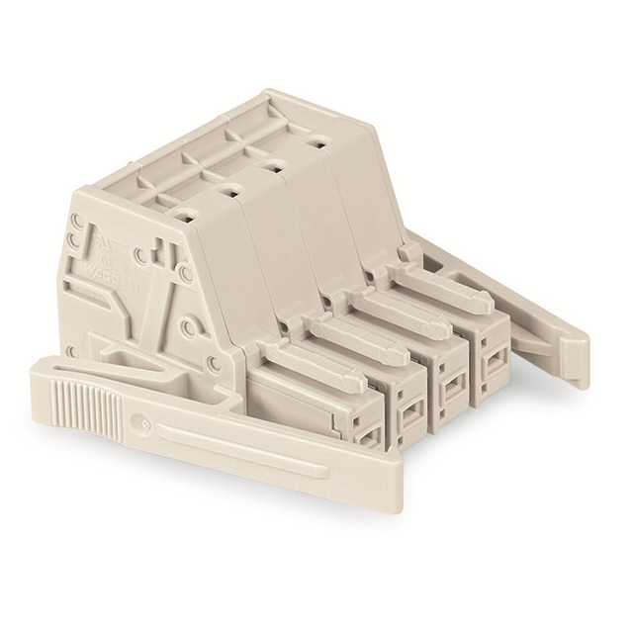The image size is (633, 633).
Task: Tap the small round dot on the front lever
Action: (x=145, y=421)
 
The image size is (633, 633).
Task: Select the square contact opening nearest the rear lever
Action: (x=492, y=374)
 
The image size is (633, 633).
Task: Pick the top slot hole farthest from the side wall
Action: (x=316, y=143)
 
